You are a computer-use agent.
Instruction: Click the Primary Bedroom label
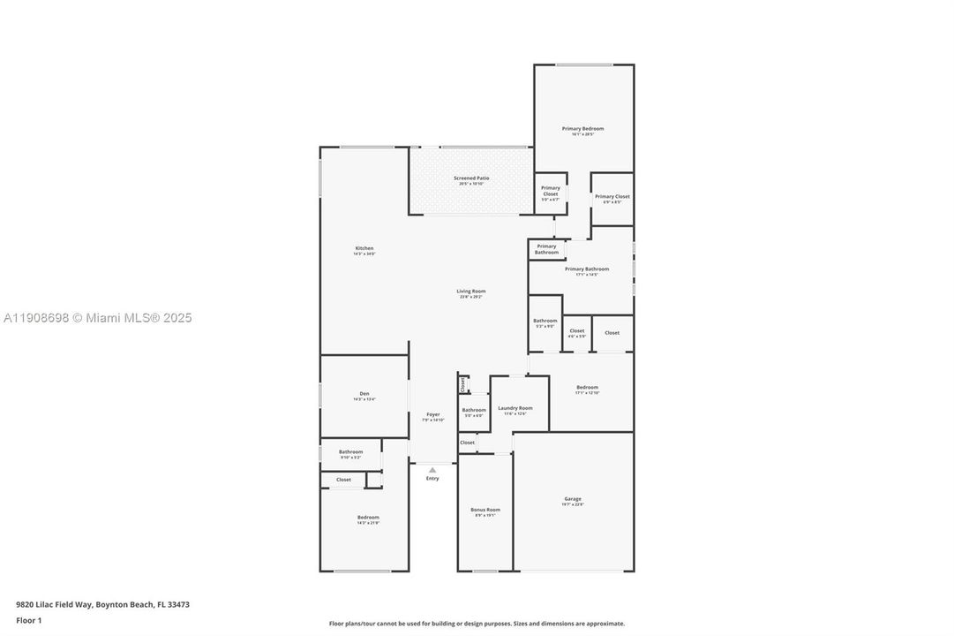(582, 129)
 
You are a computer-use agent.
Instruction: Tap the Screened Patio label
(471, 178)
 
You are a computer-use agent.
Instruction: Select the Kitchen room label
(364, 248)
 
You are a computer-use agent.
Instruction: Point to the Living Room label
(471, 291)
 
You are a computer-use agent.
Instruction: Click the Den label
(364, 394)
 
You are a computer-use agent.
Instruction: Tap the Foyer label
(433, 414)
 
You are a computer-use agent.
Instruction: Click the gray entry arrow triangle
(432, 470)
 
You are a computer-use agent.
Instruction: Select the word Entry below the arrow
(432, 479)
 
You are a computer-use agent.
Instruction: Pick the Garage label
(573, 499)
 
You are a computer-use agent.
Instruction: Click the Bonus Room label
(485, 510)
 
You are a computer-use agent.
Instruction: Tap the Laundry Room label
(515, 408)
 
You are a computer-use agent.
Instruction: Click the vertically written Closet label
(462, 384)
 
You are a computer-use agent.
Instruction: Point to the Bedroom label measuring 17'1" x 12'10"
(587, 387)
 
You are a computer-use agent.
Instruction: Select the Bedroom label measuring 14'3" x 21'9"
(368, 518)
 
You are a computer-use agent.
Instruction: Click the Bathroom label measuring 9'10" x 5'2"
(350, 452)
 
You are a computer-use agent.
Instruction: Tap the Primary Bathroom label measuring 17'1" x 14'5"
(587, 269)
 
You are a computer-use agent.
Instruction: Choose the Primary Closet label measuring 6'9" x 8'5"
(612, 197)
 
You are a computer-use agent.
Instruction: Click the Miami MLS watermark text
(97, 318)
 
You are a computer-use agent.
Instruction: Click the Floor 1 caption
(29, 621)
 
